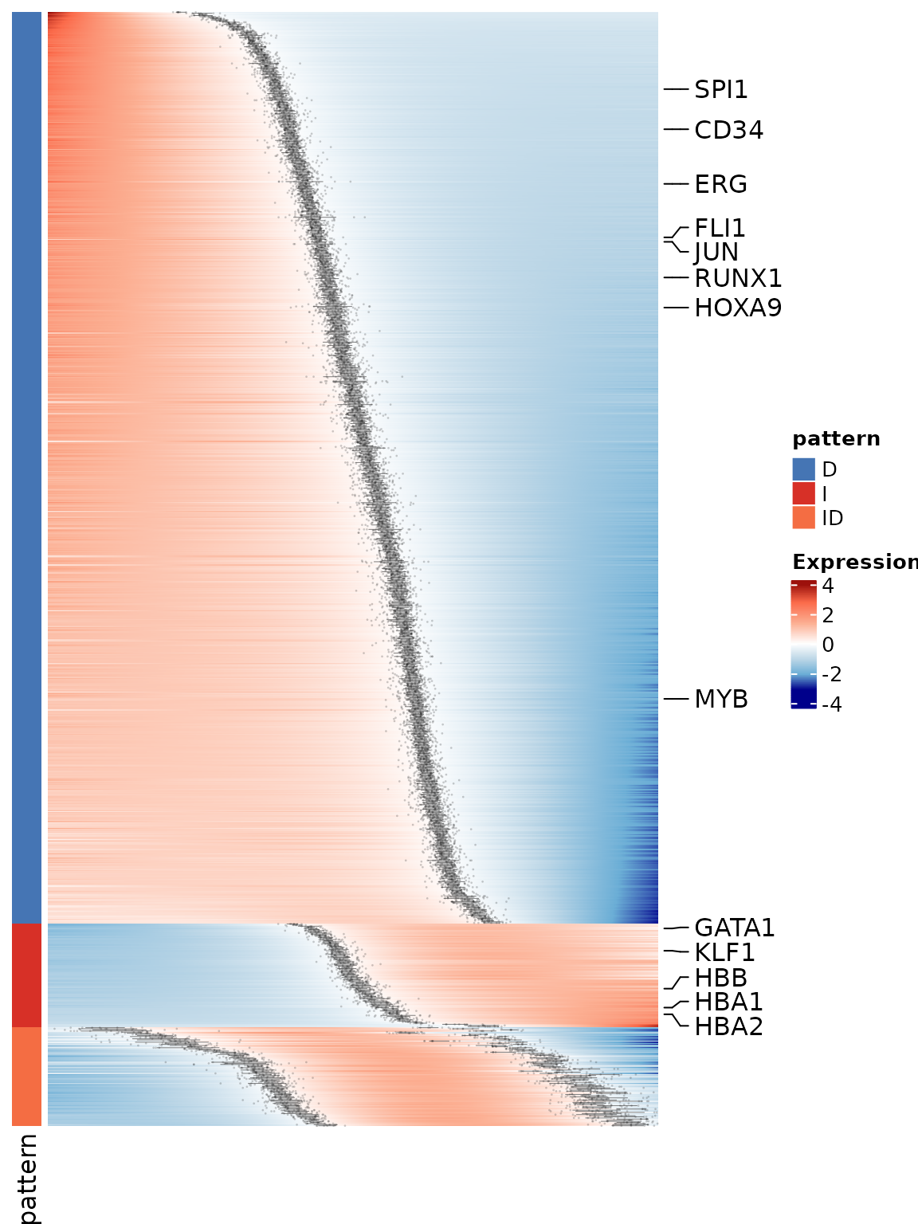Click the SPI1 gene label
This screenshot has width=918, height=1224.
(721, 90)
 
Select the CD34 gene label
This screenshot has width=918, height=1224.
(728, 130)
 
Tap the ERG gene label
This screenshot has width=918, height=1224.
(720, 184)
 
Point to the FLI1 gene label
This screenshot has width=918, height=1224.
(720, 229)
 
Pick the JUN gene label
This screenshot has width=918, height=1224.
(716, 252)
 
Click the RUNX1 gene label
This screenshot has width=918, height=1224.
(738, 278)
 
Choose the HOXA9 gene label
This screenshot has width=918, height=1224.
(738, 308)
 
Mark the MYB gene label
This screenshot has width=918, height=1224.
(721, 699)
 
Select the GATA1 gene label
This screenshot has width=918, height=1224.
(734, 928)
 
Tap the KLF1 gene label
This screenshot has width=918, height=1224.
(724, 952)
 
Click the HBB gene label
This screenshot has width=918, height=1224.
(720, 978)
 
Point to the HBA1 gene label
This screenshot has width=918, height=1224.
(728, 1002)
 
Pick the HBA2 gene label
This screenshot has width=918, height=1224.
(728, 1026)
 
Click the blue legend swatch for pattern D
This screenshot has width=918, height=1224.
(803, 469)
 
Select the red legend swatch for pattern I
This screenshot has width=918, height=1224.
(803, 493)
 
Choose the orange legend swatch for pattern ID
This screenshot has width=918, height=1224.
(803, 518)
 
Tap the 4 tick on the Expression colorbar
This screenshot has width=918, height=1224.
(828, 586)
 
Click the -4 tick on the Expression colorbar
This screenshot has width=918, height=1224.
(831, 704)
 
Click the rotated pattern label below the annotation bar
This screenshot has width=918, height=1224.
(28, 1178)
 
